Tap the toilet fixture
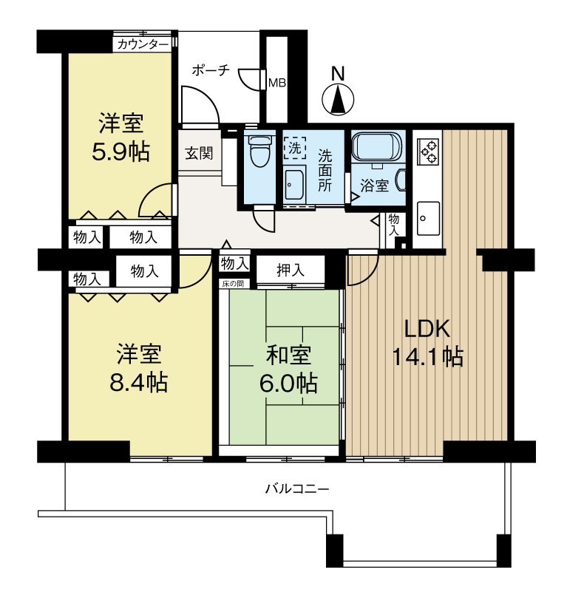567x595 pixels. pos(259,151)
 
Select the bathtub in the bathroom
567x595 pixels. pos(376,146)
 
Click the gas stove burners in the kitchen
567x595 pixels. pos(428,152)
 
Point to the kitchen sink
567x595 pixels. pos(428,218)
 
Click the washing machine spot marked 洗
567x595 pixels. pos(295,148)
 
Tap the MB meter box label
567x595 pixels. pos(277,83)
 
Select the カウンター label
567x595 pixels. pos(143,45)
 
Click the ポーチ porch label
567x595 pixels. pos(211,69)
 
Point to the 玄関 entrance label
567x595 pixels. pos(199,153)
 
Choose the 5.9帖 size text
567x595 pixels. pos(120,152)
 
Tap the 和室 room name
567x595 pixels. pos(288,355)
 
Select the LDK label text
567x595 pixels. pos(427,329)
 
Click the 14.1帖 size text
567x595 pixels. pos(427,357)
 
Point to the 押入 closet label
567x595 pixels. pos(291,270)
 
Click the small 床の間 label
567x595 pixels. pos(233,284)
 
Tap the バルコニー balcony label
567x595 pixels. pos(297,489)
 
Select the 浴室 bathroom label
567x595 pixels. pos(374,186)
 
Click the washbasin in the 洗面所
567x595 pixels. pos(294,185)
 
